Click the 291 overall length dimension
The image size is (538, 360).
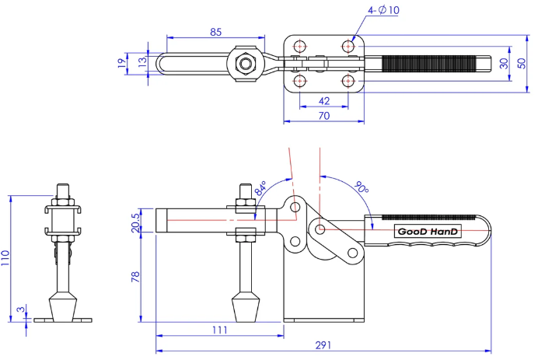pos(323,344)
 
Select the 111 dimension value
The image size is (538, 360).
pos(219,330)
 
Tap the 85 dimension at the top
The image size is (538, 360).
pos(216,32)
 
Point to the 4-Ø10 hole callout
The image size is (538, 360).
pos(383,10)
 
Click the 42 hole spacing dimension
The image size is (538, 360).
pos(324,101)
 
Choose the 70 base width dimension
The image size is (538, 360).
pos(324,116)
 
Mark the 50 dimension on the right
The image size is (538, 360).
pos(522,63)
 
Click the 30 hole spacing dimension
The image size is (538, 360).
pos(504,63)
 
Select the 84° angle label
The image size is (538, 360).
pos(260,188)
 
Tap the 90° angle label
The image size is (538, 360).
pos(361,187)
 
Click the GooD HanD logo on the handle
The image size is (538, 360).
pos(428,231)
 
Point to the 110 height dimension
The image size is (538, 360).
pos(5,257)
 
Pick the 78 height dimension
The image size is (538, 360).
pos(135,277)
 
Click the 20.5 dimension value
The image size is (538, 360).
pos(135,222)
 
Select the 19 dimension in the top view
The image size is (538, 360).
pos(121,63)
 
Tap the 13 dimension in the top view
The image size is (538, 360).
pos(141,61)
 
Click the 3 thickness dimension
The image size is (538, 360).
pos(21,309)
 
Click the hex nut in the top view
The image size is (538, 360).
pos(245,64)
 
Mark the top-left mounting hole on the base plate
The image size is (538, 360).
pos(300,46)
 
